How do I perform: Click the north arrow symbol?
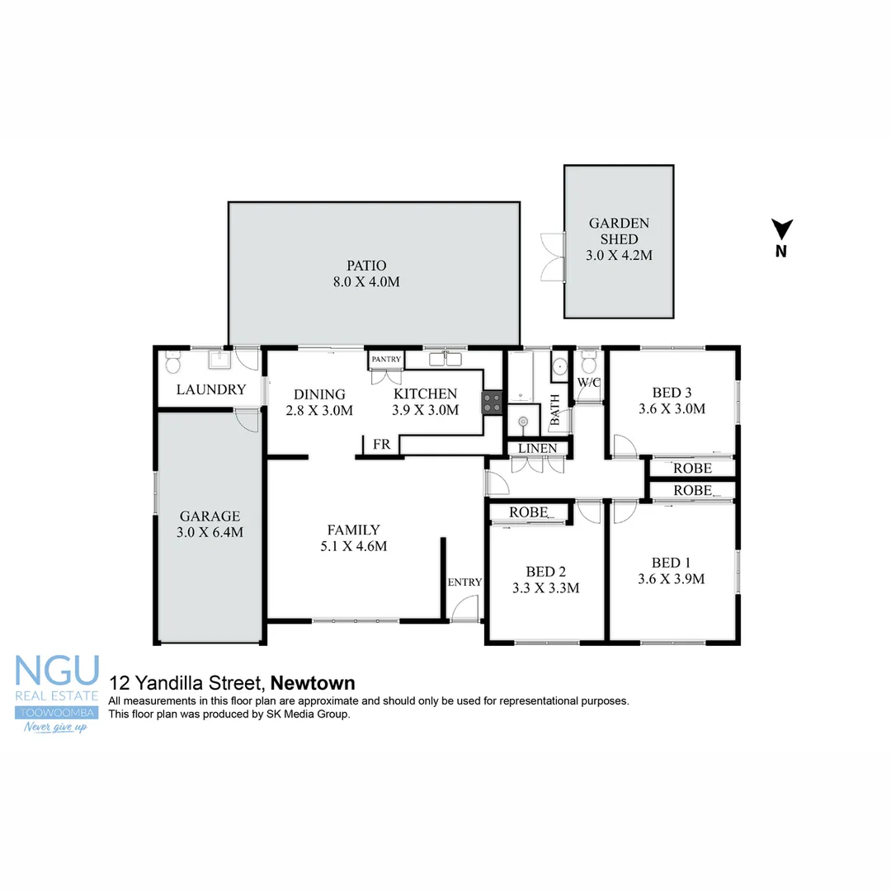781,229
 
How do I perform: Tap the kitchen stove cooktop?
493,402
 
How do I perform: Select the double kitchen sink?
445,359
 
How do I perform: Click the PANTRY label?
385,359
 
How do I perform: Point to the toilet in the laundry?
173,362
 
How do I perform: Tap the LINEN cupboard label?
538,448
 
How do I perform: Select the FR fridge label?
381,445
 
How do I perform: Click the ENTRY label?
464,582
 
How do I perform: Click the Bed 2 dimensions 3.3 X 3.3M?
546,588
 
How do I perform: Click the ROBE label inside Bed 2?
529,512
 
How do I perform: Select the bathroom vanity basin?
559,366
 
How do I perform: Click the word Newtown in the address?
313,683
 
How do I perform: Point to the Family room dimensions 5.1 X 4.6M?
353,545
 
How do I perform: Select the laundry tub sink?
219,361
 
